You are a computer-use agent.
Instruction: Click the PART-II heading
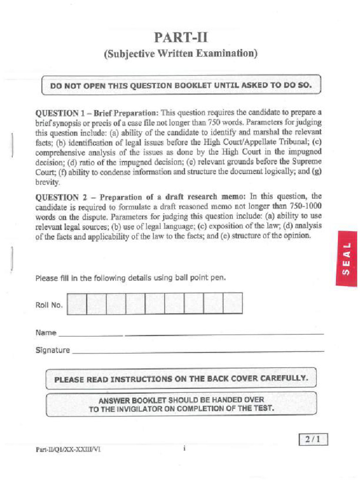[x=180, y=37]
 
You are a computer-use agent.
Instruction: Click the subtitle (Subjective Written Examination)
[x=180, y=54]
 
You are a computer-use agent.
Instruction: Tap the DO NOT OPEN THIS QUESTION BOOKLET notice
[x=180, y=85]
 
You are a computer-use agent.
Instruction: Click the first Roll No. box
[x=77, y=304]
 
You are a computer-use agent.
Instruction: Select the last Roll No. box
[x=232, y=304]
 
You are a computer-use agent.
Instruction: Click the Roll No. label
[x=49, y=305]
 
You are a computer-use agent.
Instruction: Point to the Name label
[x=45, y=333]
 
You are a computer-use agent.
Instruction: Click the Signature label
[x=52, y=350]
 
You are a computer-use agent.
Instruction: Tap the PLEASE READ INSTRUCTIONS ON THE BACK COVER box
[x=181, y=378]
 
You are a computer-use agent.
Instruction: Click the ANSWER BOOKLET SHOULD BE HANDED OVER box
[x=181, y=404]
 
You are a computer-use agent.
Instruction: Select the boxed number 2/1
[x=313, y=440]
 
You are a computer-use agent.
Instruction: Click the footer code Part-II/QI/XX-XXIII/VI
[x=68, y=449]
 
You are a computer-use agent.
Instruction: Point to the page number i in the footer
[x=185, y=449]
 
